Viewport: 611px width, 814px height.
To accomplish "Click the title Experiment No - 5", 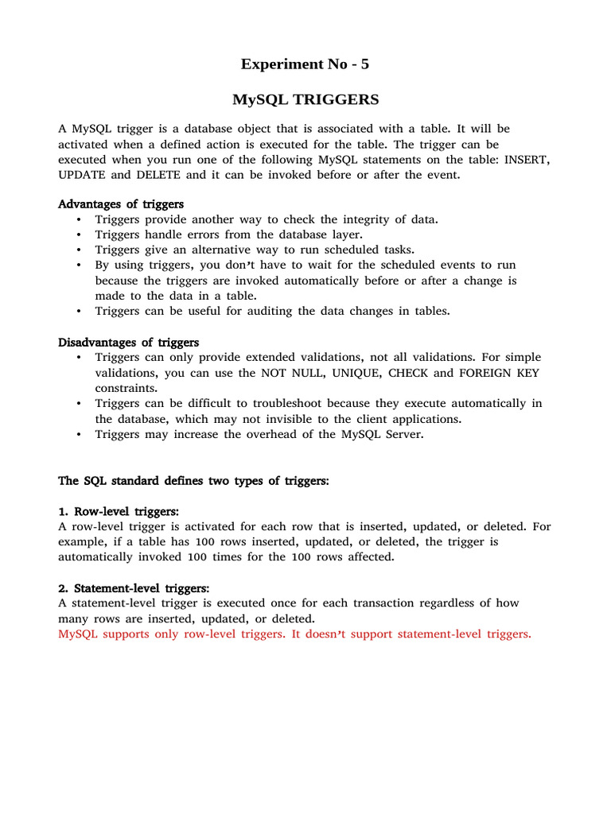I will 305,64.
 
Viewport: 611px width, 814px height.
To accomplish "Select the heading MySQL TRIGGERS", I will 305,100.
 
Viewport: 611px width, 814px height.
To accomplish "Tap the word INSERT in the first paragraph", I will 525,160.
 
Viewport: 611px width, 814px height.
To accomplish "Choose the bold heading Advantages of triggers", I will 121,204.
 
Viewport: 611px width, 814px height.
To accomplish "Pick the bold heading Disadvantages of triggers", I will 129,343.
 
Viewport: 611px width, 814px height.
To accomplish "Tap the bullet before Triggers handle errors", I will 79,235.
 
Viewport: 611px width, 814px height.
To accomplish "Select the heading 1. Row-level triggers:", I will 119,511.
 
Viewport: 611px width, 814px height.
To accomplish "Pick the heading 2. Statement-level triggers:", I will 134,588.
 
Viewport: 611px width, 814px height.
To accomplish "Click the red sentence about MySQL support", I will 294,634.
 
